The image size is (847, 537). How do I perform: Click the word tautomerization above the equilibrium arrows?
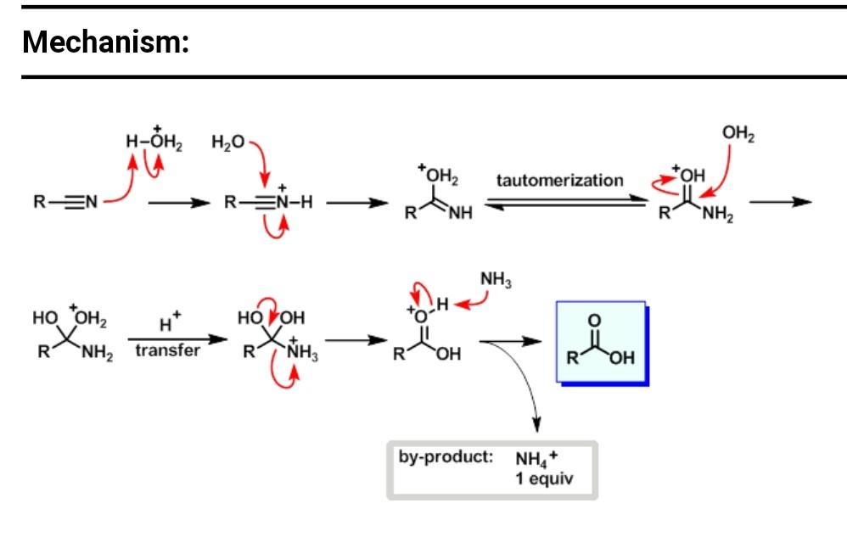tap(559, 181)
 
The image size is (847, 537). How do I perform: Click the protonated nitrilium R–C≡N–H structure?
tap(270, 203)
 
